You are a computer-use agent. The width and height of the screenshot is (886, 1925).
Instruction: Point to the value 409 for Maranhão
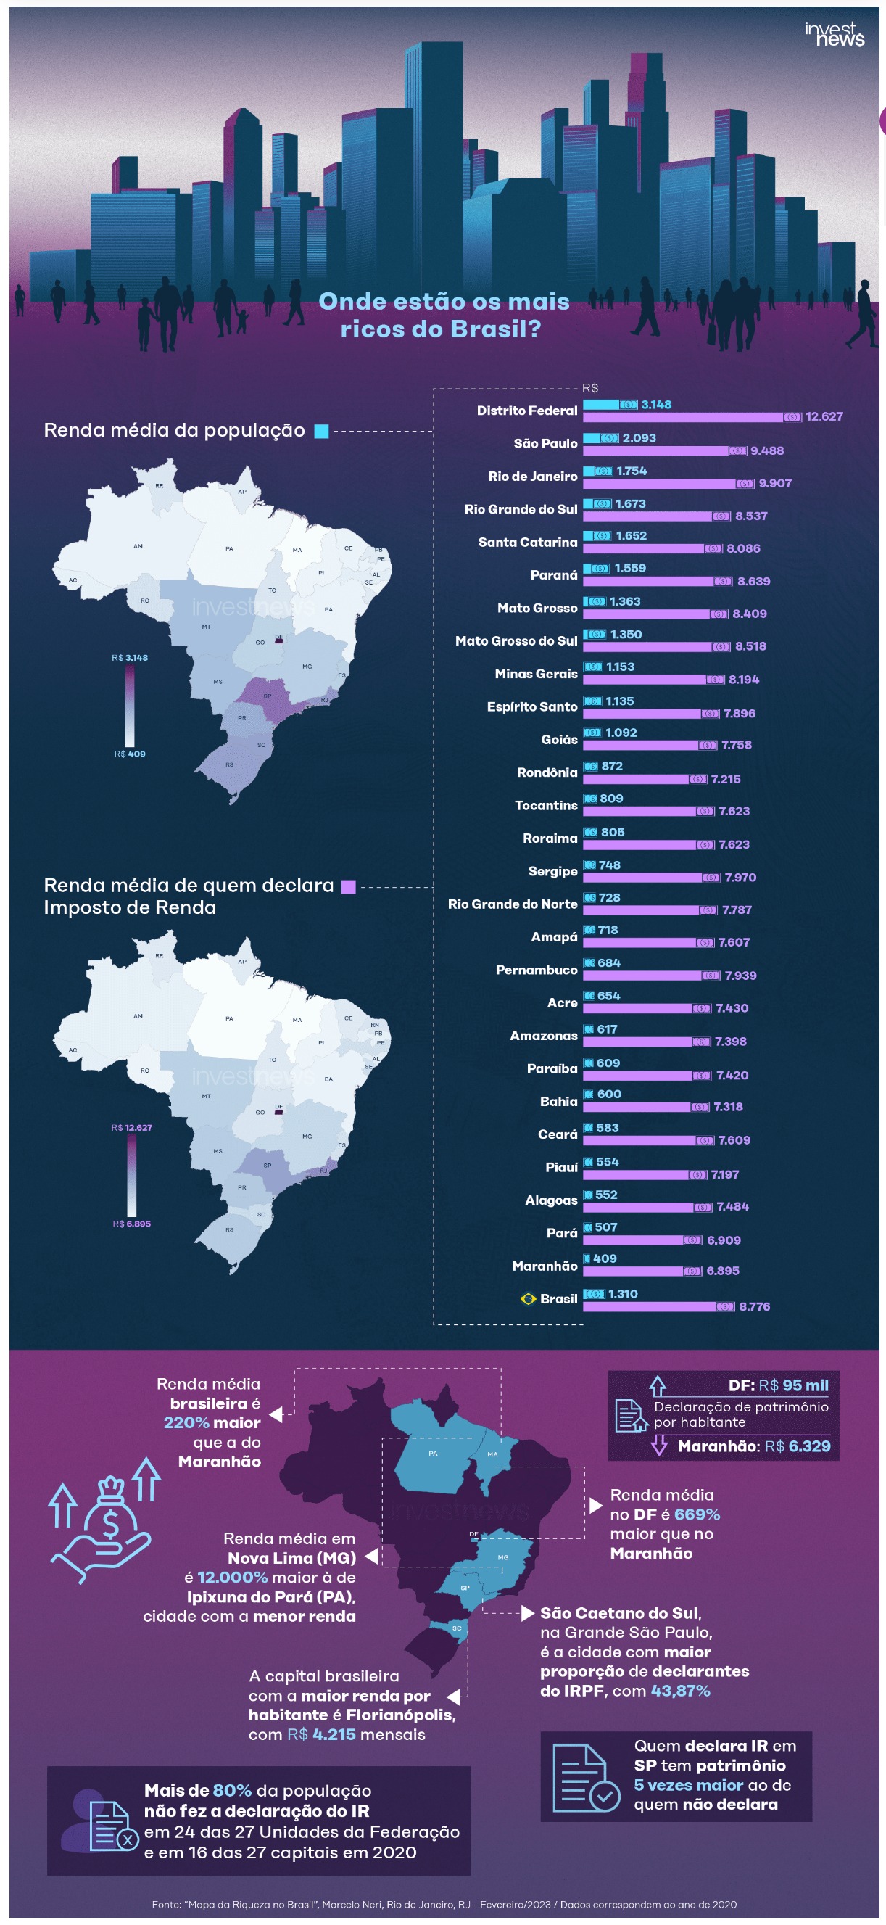(605, 1259)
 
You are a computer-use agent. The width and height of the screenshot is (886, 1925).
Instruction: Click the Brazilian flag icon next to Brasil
(527, 1299)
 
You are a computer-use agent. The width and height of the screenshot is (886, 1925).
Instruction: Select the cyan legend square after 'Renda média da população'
(321, 431)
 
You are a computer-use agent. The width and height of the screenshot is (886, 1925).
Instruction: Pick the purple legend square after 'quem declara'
(348, 887)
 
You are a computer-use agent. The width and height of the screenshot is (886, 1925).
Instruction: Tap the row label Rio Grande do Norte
(512, 904)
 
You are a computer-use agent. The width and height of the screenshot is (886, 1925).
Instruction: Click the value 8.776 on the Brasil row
(754, 1307)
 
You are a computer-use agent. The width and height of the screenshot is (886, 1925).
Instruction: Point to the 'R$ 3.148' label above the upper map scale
(130, 658)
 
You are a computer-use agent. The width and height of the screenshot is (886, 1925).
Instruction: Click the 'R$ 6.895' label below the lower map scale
(131, 1224)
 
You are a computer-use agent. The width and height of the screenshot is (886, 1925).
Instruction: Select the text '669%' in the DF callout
(696, 1514)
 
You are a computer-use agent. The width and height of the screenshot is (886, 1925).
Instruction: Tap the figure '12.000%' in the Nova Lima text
(232, 1578)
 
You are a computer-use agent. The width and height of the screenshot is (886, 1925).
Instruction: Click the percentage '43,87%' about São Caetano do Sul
(680, 1691)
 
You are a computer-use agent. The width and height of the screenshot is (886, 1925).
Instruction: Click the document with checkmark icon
(586, 1778)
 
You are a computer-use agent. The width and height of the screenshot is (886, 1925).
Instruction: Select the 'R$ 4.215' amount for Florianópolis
(321, 1734)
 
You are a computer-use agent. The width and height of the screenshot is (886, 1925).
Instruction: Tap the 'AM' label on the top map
(138, 546)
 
